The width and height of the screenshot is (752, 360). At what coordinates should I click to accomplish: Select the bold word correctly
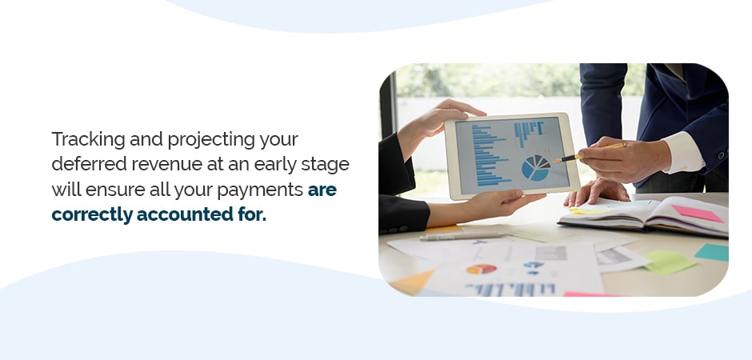pos(92,214)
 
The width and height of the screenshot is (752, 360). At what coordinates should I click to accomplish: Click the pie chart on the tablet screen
pos(536,168)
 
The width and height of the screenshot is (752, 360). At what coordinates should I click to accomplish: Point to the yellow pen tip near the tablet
pos(555,162)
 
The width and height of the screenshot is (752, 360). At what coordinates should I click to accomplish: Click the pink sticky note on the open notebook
pos(698,214)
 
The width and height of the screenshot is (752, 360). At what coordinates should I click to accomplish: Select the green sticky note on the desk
pos(669,262)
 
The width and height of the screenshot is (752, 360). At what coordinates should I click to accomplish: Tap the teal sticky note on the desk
pos(712,252)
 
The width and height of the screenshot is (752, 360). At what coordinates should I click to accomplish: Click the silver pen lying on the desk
pos(462,236)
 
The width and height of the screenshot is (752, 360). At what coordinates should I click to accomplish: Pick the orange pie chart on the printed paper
pos(482,269)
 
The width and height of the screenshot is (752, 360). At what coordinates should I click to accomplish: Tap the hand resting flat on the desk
pos(596,191)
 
